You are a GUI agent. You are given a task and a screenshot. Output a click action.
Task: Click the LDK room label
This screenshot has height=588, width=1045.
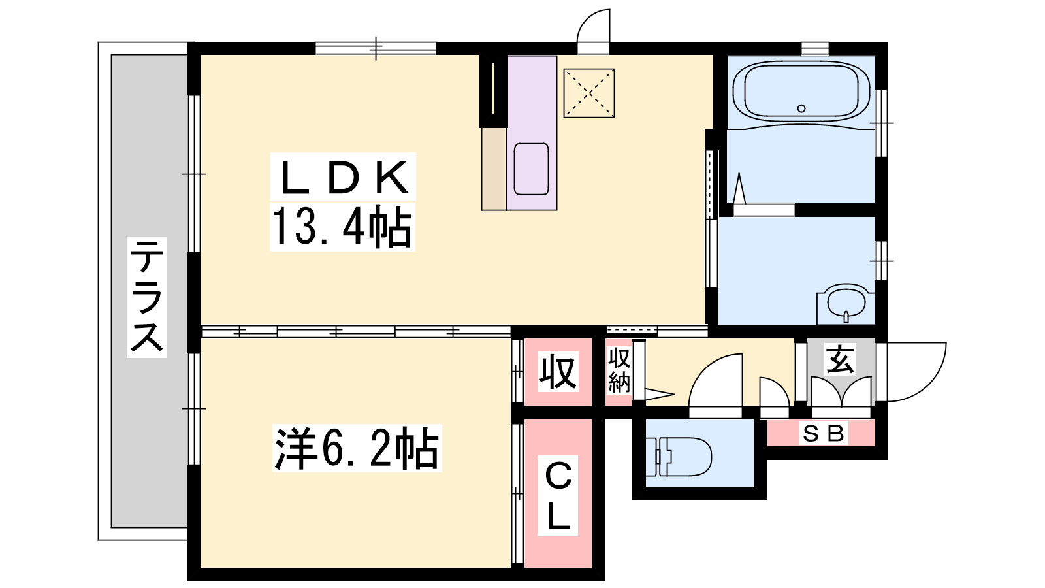[344, 177]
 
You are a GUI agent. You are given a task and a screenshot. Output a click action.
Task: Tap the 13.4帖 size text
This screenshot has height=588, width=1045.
[342, 227]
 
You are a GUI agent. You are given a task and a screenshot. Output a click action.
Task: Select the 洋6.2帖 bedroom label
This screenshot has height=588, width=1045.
[357, 448]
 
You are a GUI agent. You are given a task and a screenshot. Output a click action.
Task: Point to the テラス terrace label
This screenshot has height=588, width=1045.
[147, 297]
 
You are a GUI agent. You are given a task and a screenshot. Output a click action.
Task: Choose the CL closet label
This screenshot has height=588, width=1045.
[558, 496]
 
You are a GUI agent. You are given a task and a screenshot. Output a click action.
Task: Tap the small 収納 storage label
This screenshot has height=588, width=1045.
[619, 370]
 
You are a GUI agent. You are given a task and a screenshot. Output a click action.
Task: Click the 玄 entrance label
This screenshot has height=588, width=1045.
[840, 359]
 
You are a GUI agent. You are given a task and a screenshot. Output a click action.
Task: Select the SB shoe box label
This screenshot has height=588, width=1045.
[823, 434]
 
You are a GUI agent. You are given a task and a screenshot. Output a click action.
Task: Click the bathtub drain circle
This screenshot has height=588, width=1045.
[801, 108]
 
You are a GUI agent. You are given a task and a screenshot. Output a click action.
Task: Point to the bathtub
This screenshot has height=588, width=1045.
[801, 93]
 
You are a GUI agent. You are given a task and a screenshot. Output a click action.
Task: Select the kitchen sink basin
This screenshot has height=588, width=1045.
[532, 169]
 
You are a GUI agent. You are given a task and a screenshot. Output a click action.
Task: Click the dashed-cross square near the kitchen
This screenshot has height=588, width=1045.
[589, 93]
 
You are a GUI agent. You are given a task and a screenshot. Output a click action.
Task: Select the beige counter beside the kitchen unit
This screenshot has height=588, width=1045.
[494, 169]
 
